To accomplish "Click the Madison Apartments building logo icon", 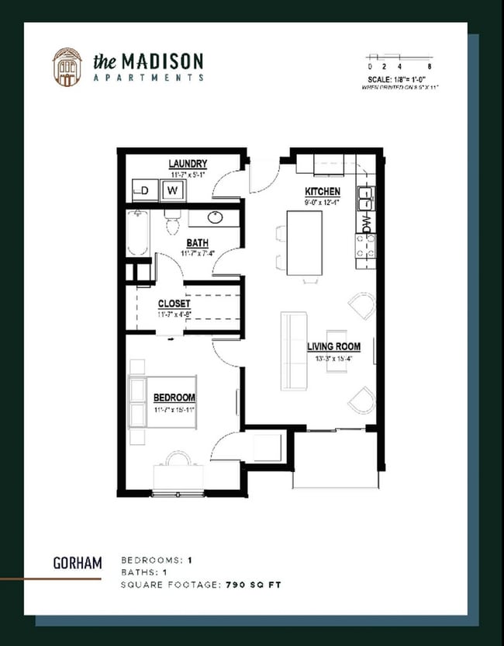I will [67, 67].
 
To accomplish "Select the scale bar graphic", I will [399, 57].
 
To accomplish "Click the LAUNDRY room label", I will [188, 164].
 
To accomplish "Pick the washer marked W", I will [173, 189].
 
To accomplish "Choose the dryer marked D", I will [143, 189].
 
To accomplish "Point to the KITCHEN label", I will [322, 191].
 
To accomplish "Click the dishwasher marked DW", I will [366, 223].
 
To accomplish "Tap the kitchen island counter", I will [305, 242].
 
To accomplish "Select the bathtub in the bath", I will [137, 233].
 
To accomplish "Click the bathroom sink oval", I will [216, 217].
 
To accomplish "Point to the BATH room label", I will [197, 243].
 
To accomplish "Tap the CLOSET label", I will [174, 304].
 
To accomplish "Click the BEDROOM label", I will [174, 398].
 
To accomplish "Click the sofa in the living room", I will [292, 351].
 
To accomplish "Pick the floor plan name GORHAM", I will [77, 562].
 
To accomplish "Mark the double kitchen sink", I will [364, 199].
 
